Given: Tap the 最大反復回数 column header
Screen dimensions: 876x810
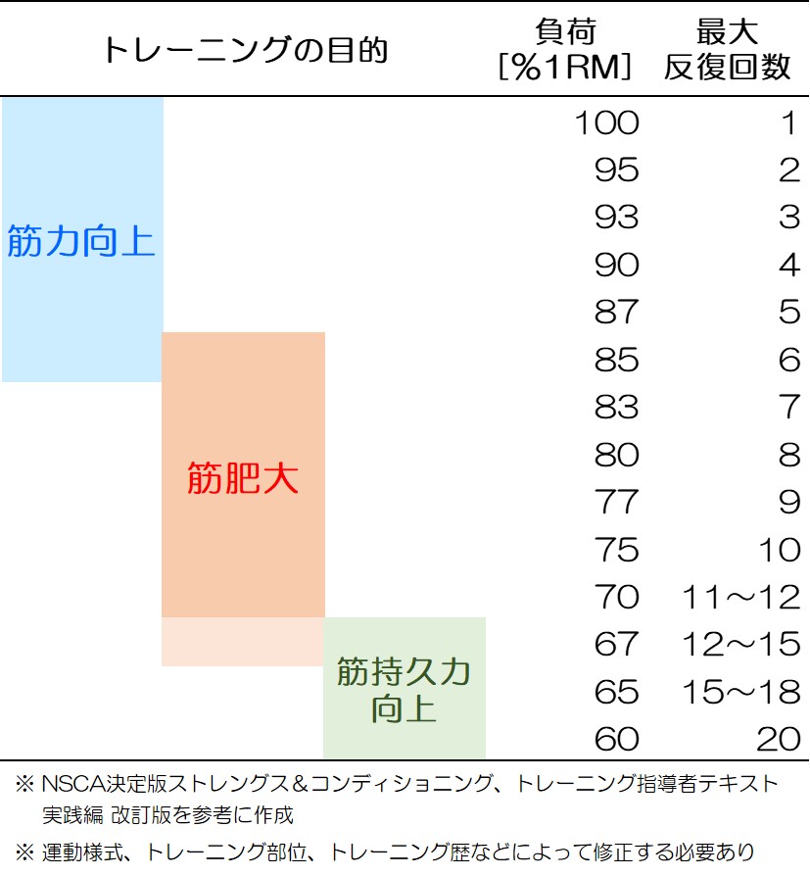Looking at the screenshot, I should tap(727, 49).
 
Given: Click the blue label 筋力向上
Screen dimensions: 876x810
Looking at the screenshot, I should tap(81, 241).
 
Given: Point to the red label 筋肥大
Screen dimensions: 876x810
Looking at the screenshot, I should tap(242, 479).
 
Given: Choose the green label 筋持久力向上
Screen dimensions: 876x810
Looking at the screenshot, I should tap(404, 690).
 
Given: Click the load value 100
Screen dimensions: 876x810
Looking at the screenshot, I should tap(605, 123).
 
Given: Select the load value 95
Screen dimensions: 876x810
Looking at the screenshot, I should tap(616, 171).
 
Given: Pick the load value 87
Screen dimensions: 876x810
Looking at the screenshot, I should tap(616, 314).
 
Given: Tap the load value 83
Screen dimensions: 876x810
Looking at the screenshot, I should tap(616, 408).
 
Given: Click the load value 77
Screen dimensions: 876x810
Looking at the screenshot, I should tap(616, 503).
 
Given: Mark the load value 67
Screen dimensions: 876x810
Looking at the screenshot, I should tap(616, 645).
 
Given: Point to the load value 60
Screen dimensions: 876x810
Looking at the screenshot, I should tap(616, 740).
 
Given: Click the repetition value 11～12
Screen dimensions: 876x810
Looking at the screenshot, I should tap(740, 598).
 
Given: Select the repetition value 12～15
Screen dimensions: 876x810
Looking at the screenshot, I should tap(740, 645).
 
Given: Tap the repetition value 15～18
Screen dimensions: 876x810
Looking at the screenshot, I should tap(740, 693).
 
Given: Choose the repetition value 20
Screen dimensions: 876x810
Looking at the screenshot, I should tap(778, 740).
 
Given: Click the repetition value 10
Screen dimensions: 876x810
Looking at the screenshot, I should tap(779, 551).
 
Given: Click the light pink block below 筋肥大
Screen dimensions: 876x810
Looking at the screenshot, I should tap(242, 642).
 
